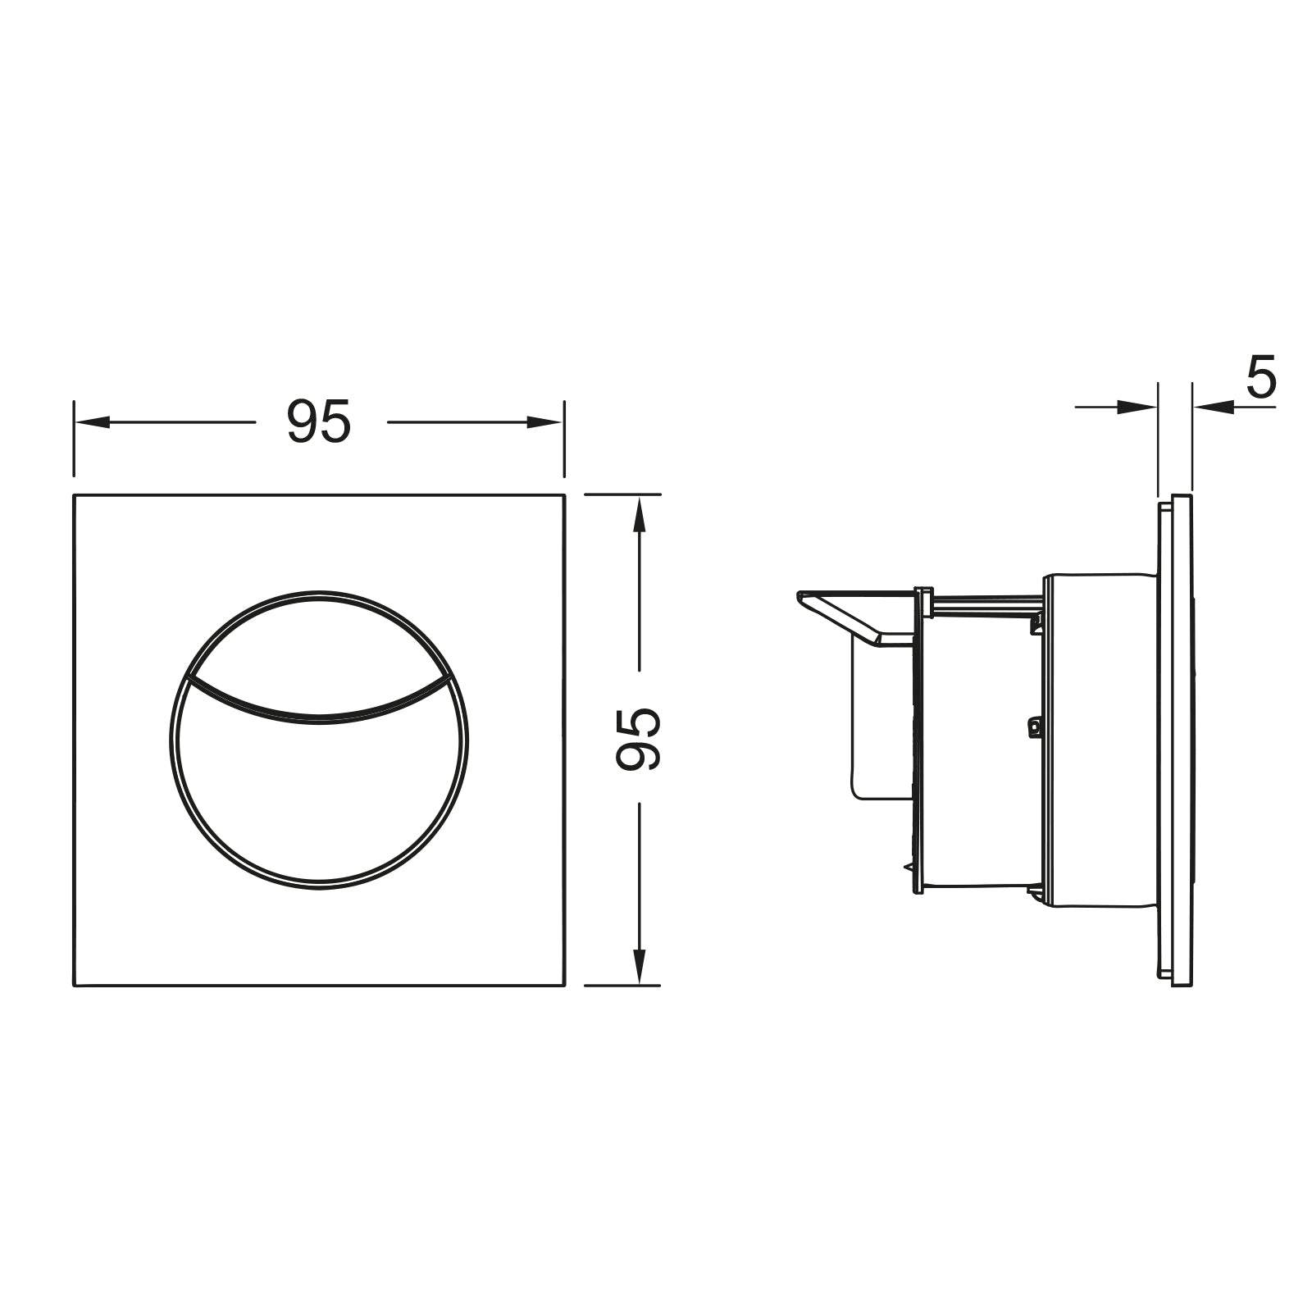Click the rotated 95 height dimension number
click(639, 739)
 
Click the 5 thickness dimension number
click(1261, 378)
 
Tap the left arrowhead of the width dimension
click(92, 422)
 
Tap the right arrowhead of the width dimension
click(544, 422)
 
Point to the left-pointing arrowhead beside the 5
click(1213, 407)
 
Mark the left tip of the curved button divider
click(188, 679)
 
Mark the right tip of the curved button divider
click(450, 679)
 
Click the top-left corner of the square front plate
click(75, 494)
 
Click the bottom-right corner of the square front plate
click(565, 985)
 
